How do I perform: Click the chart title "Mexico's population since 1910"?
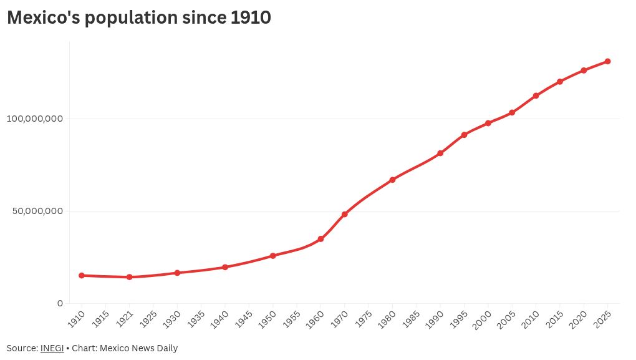[139, 17]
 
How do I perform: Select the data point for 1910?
[82, 276]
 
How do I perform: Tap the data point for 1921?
[130, 277]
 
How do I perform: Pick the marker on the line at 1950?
[273, 256]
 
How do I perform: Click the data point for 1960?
[321, 239]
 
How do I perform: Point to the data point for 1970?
[345, 214]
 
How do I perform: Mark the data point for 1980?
[393, 180]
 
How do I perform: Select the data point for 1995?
[465, 135]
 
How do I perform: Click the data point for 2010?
[536, 96]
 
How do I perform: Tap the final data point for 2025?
[607, 62]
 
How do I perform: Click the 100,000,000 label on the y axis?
[35, 119]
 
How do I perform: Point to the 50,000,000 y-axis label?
[37, 211]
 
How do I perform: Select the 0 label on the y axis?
[60, 303]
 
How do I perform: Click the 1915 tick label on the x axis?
[100, 319]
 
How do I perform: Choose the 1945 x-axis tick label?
[244, 319]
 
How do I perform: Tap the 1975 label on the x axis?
[363, 319]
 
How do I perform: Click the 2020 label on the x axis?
[578, 319]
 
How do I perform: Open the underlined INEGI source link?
[52, 348]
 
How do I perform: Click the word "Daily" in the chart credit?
[168, 349]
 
